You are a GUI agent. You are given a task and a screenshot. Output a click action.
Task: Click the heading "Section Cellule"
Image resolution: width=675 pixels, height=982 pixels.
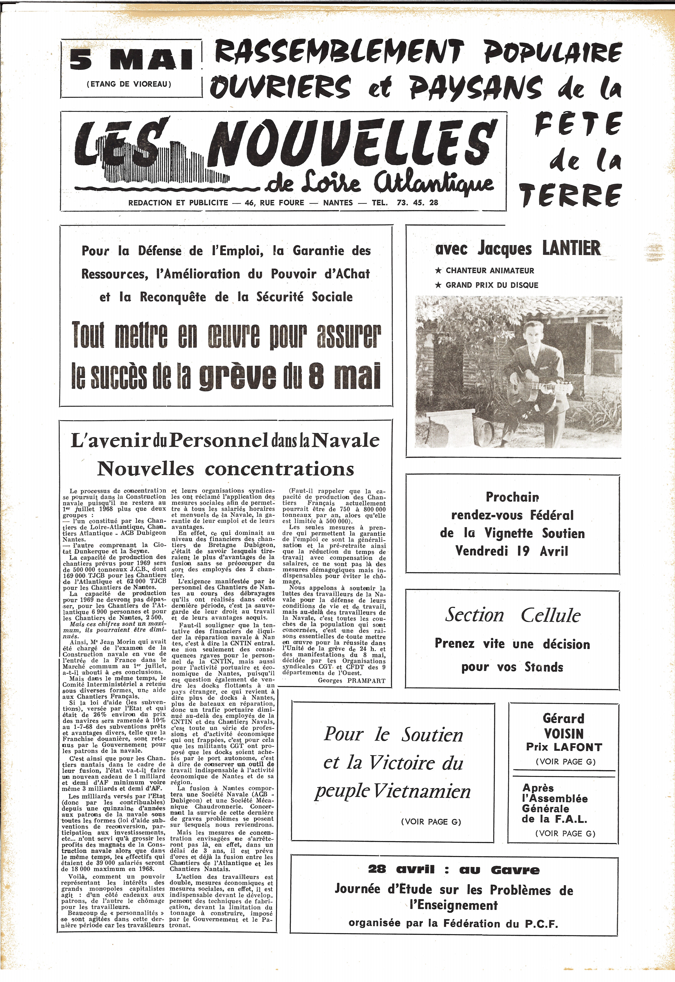513,615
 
